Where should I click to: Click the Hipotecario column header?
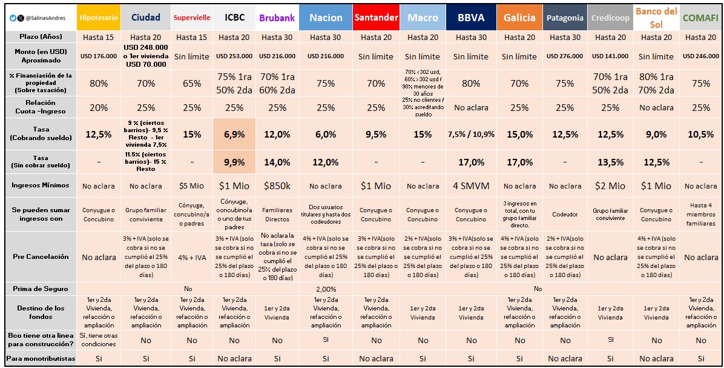click(x=99, y=18)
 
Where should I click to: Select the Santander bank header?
click(x=376, y=18)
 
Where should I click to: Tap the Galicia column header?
click(x=519, y=18)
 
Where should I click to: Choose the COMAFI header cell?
click(x=700, y=18)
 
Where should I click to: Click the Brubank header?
click(x=277, y=18)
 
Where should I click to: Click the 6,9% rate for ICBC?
click(x=234, y=134)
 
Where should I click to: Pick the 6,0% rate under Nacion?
click(x=325, y=134)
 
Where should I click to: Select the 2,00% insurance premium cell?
click(x=325, y=289)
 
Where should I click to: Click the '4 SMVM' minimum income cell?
click(x=470, y=186)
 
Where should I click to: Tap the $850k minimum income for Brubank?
click(x=277, y=186)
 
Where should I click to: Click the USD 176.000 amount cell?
click(x=99, y=56)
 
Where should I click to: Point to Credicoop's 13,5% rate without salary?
click(x=610, y=162)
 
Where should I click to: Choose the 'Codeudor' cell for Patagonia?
click(x=565, y=214)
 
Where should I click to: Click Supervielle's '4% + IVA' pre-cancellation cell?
click(x=191, y=257)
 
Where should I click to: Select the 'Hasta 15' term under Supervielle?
click(x=191, y=37)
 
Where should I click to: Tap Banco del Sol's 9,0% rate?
click(x=656, y=134)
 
